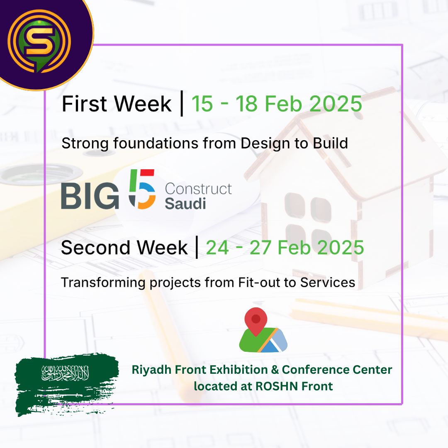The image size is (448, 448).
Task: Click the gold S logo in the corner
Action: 39,40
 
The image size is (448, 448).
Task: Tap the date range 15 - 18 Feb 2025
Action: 277,103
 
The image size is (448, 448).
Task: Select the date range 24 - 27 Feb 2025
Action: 285,248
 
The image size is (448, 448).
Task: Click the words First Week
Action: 116,104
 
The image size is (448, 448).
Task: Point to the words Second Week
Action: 124,248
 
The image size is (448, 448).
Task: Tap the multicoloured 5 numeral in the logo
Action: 141,189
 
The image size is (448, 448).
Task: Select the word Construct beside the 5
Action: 198,189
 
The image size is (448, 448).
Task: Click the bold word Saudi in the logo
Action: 185,203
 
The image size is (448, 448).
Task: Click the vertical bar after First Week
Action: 181,104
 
